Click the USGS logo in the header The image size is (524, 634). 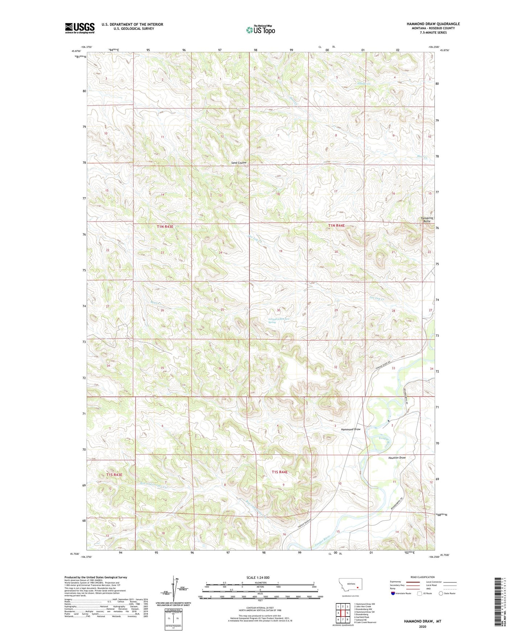pyautogui.click(x=80, y=28)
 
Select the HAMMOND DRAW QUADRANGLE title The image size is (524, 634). pyautogui.click(x=433, y=24)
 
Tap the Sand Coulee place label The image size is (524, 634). pyautogui.click(x=239, y=163)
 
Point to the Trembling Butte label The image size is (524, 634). pyautogui.click(x=427, y=220)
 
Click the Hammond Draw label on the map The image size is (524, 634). pyautogui.click(x=351, y=429)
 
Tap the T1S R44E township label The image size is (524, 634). pyautogui.click(x=280, y=472)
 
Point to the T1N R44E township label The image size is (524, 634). pyautogui.click(x=336, y=225)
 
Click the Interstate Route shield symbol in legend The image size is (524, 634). pyautogui.click(x=393, y=593)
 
